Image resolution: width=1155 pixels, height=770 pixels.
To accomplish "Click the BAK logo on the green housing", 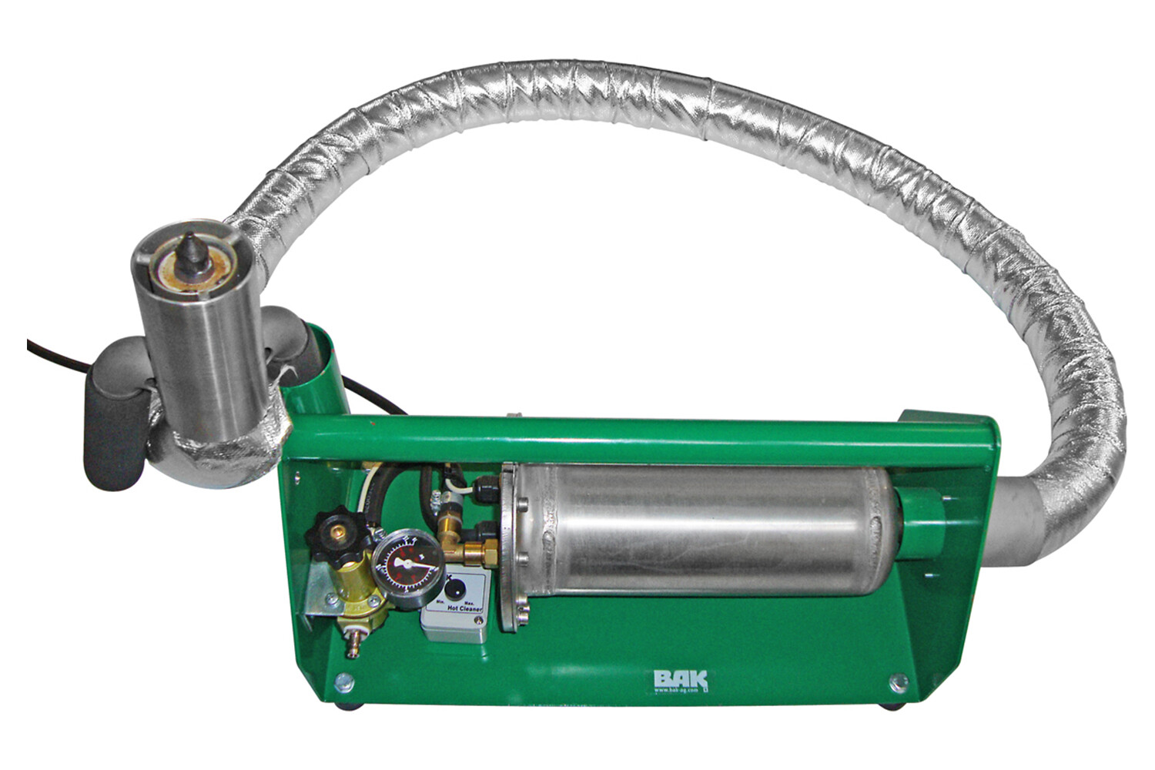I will click(680, 680).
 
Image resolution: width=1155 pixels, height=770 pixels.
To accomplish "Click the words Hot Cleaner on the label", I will click(464, 608).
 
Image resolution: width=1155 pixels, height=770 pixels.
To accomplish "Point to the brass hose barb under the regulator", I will click(353, 644).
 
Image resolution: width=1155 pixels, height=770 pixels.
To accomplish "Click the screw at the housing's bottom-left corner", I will click(344, 681).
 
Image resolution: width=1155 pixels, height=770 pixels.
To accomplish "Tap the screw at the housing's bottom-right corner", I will click(898, 682).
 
